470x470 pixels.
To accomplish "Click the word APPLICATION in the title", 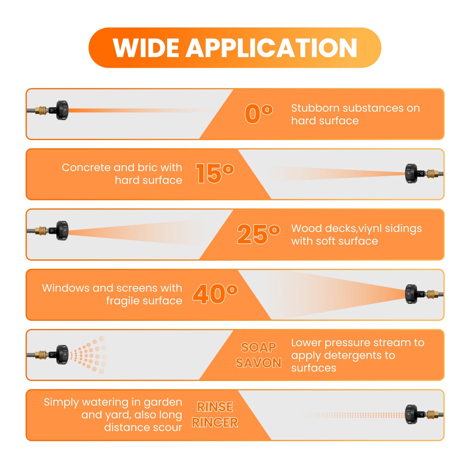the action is tap(271, 48).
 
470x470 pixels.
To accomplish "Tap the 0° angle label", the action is tap(258, 113).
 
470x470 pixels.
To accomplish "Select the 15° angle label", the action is tap(215, 173).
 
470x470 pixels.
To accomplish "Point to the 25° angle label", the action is tap(258, 234).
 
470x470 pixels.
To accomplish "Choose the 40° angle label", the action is tap(215, 294).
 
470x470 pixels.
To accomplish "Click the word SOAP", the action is tap(258, 347).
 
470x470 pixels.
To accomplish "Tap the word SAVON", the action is tap(258, 363).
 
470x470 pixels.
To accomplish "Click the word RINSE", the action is tap(215, 407).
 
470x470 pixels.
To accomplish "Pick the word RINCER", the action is tap(215, 422).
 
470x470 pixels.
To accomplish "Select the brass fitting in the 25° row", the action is tap(40, 231).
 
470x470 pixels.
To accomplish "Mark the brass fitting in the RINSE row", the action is tap(433, 414).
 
